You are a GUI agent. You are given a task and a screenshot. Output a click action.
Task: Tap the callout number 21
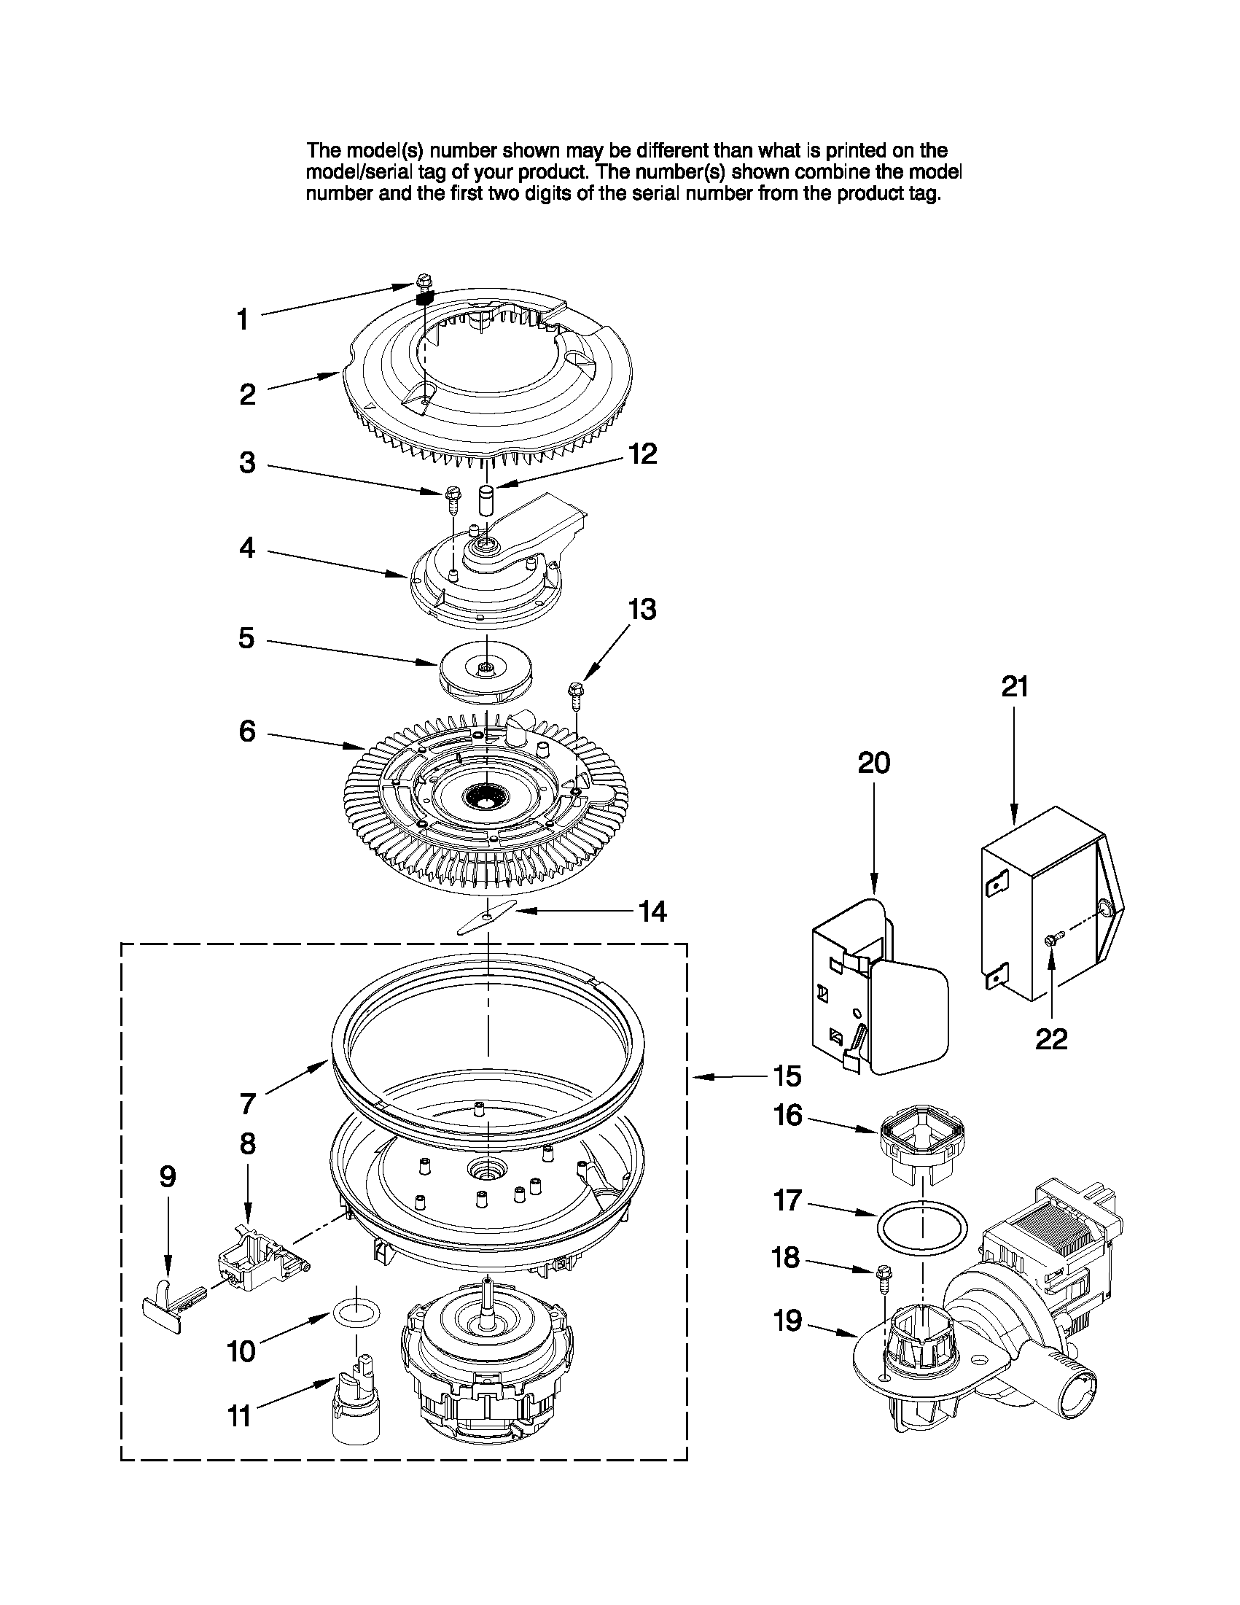point(1015,686)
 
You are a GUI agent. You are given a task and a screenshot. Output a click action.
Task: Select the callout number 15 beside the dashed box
point(787,1076)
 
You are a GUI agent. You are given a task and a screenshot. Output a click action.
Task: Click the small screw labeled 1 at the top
point(423,280)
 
